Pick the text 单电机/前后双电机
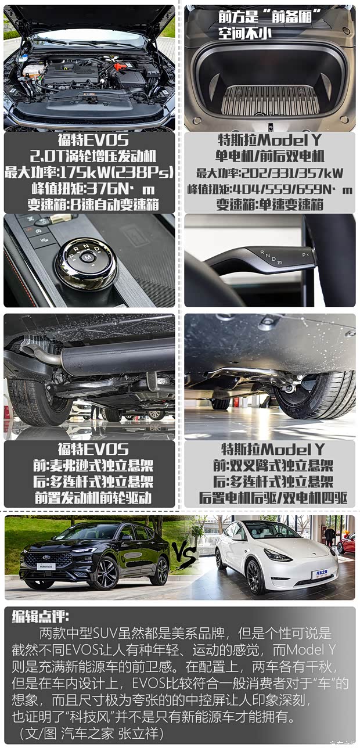point(270,156)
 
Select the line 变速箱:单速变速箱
point(270,204)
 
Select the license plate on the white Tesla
point(319,574)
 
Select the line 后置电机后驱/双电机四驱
point(270,498)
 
